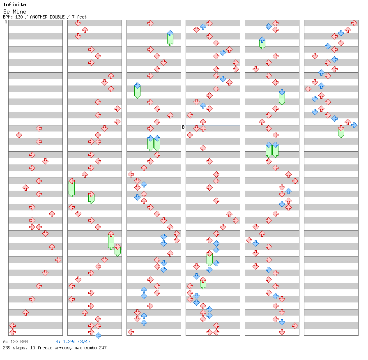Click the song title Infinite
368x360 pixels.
pyautogui.click(x=14, y=5)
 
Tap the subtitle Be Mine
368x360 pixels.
pyautogui.click(x=14, y=12)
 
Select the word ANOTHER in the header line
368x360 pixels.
pyautogui.click(x=41, y=17)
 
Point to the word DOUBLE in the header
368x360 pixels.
pyautogui.click(x=61, y=17)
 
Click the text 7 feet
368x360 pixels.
pyautogui.click(x=79, y=17)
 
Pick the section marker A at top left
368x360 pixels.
pyautogui.click(x=6, y=22)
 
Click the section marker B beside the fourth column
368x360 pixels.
pyautogui.click(x=183, y=127)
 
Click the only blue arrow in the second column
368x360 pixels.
pyautogui.click(x=98, y=335)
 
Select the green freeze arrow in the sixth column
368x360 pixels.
pyautogui.click(x=341, y=132)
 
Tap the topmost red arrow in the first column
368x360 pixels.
pyautogui.click(x=39, y=128)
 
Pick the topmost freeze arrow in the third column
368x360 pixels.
pyautogui.click(x=170, y=38)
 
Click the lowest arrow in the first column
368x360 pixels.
pyautogui.click(x=12, y=332)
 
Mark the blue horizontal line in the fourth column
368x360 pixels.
pyautogui.click(x=213, y=125)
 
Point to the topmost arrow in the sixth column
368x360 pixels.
pyautogui.click(x=354, y=23)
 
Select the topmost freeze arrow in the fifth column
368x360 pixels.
pyautogui.click(x=262, y=43)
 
